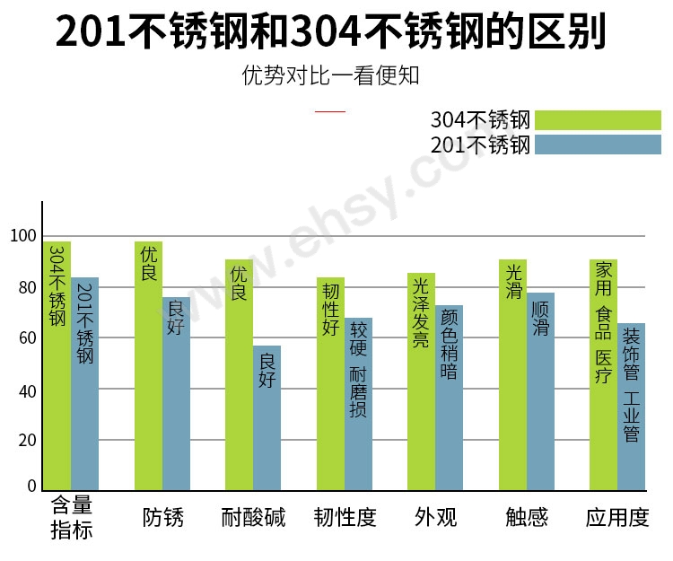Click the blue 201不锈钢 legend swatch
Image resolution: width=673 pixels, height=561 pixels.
(x=598, y=145)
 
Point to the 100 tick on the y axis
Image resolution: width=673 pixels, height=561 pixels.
(x=23, y=236)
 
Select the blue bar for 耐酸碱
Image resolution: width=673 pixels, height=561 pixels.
(x=267, y=417)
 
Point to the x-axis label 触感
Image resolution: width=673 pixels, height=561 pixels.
(x=527, y=518)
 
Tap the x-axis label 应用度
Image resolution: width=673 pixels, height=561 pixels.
(x=617, y=518)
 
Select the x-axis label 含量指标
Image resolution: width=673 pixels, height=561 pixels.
(x=72, y=518)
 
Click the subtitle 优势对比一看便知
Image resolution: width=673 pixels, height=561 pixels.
(x=330, y=75)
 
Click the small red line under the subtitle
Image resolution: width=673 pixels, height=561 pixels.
(x=331, y=110)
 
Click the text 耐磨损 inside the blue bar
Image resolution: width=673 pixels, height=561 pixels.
(x=358, y=392)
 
